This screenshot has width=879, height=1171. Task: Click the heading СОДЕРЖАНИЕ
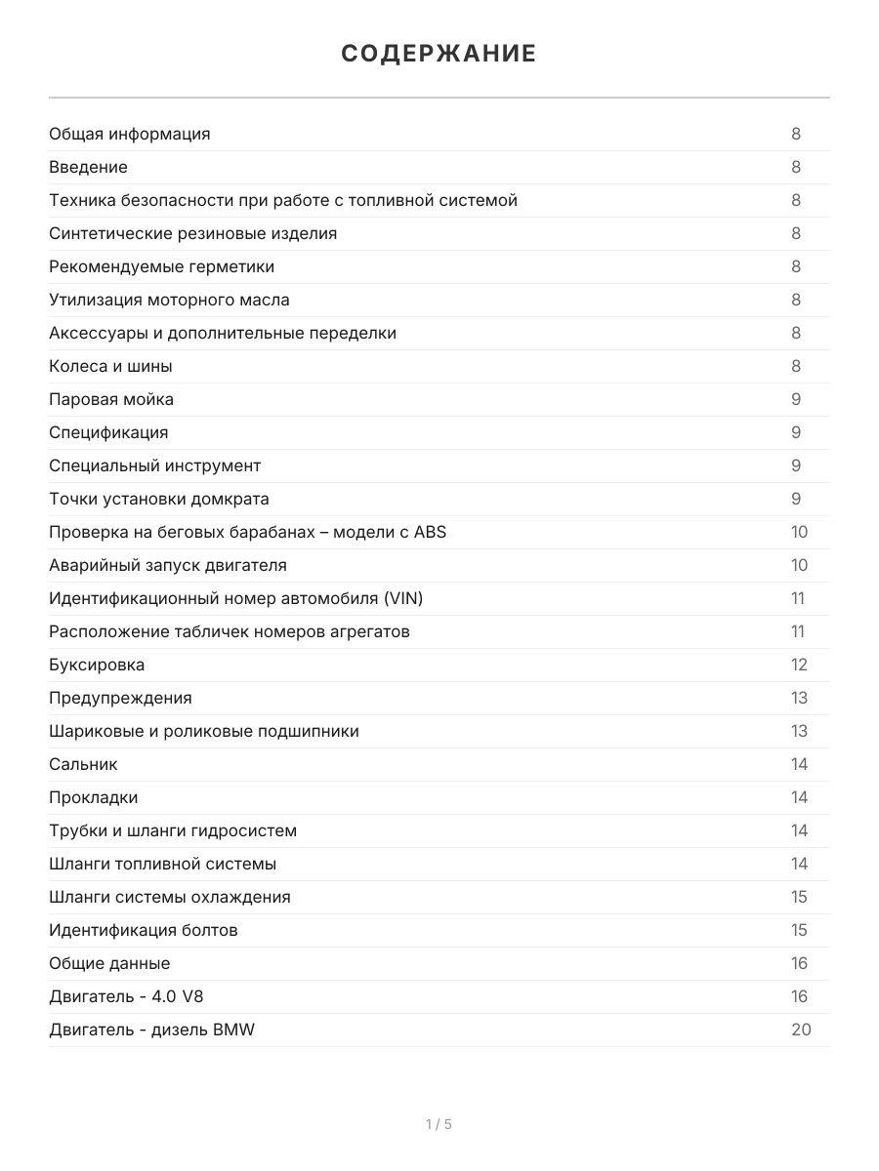pos(439,54)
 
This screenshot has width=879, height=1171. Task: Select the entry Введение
pos(88,167)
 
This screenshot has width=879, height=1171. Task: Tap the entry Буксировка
pos(97,665)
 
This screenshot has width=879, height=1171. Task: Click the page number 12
pos(799,665)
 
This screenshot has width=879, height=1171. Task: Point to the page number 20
pos(800,1030)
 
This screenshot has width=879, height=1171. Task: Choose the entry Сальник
pos(83,764)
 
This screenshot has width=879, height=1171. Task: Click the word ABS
pos(430,532)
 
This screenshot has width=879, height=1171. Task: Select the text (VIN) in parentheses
pos(403,598)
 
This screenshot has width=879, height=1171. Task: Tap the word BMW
pos(233,1030)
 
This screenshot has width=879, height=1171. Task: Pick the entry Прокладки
pos(94,797)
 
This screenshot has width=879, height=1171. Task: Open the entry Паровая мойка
pos(111,399)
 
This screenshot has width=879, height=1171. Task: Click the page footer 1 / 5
pos(439,1124)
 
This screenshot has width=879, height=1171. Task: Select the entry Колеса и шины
pos(110,366)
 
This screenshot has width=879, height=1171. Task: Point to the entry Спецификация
pos(108,432)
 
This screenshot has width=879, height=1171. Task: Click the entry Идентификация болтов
pos(144,930)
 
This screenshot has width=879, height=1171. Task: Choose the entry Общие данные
pos(109,963)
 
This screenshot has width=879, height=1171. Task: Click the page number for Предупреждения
pos(799,698)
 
